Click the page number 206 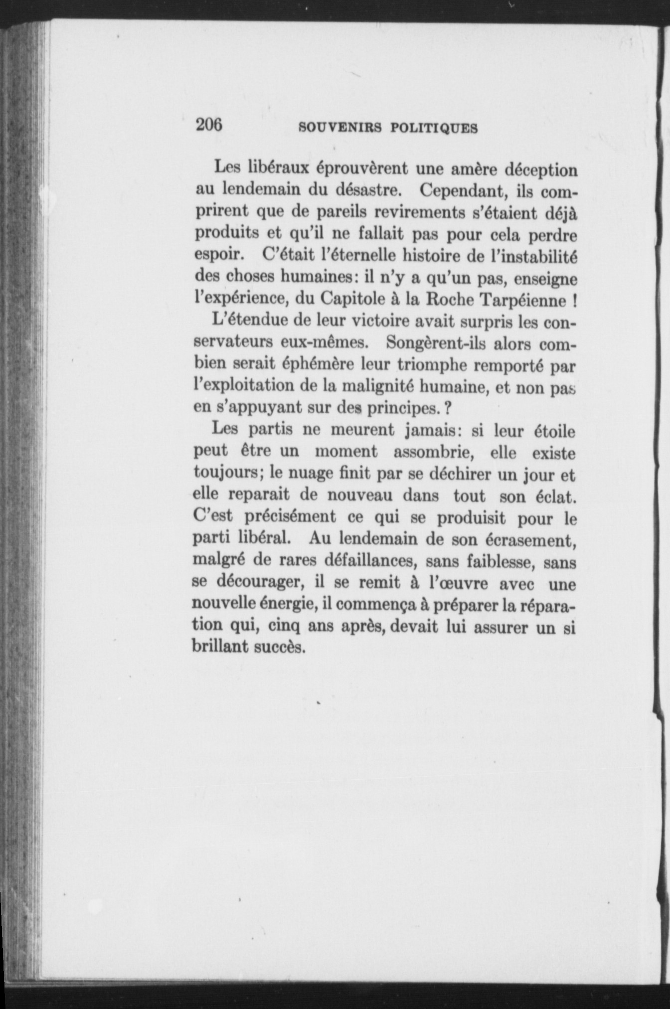209,125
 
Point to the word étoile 554,431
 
